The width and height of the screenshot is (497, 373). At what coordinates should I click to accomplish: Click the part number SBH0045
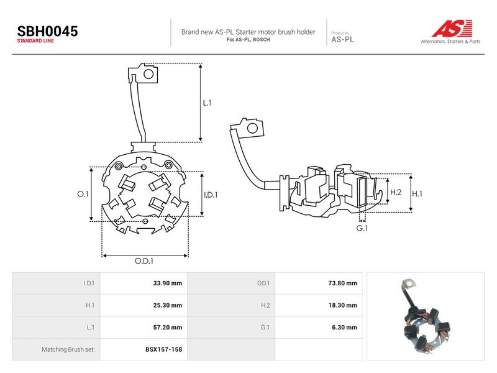coord(48,32)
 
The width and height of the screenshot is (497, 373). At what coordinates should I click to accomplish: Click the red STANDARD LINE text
coord(35,41)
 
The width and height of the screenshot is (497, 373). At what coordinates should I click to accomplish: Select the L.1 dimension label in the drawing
coord(207,103)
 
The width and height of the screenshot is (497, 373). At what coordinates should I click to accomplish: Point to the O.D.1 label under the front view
coord(144,261)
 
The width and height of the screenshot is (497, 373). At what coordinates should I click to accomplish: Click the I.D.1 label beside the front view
coord(211,195)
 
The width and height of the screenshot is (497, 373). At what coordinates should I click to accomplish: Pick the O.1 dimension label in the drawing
coord(83,194)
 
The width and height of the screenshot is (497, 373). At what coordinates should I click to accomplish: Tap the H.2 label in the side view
coord(396,192)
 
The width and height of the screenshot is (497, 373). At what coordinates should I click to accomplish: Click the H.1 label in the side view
coord(417,193)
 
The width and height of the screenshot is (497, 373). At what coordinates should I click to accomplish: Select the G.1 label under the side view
coord(362,228)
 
